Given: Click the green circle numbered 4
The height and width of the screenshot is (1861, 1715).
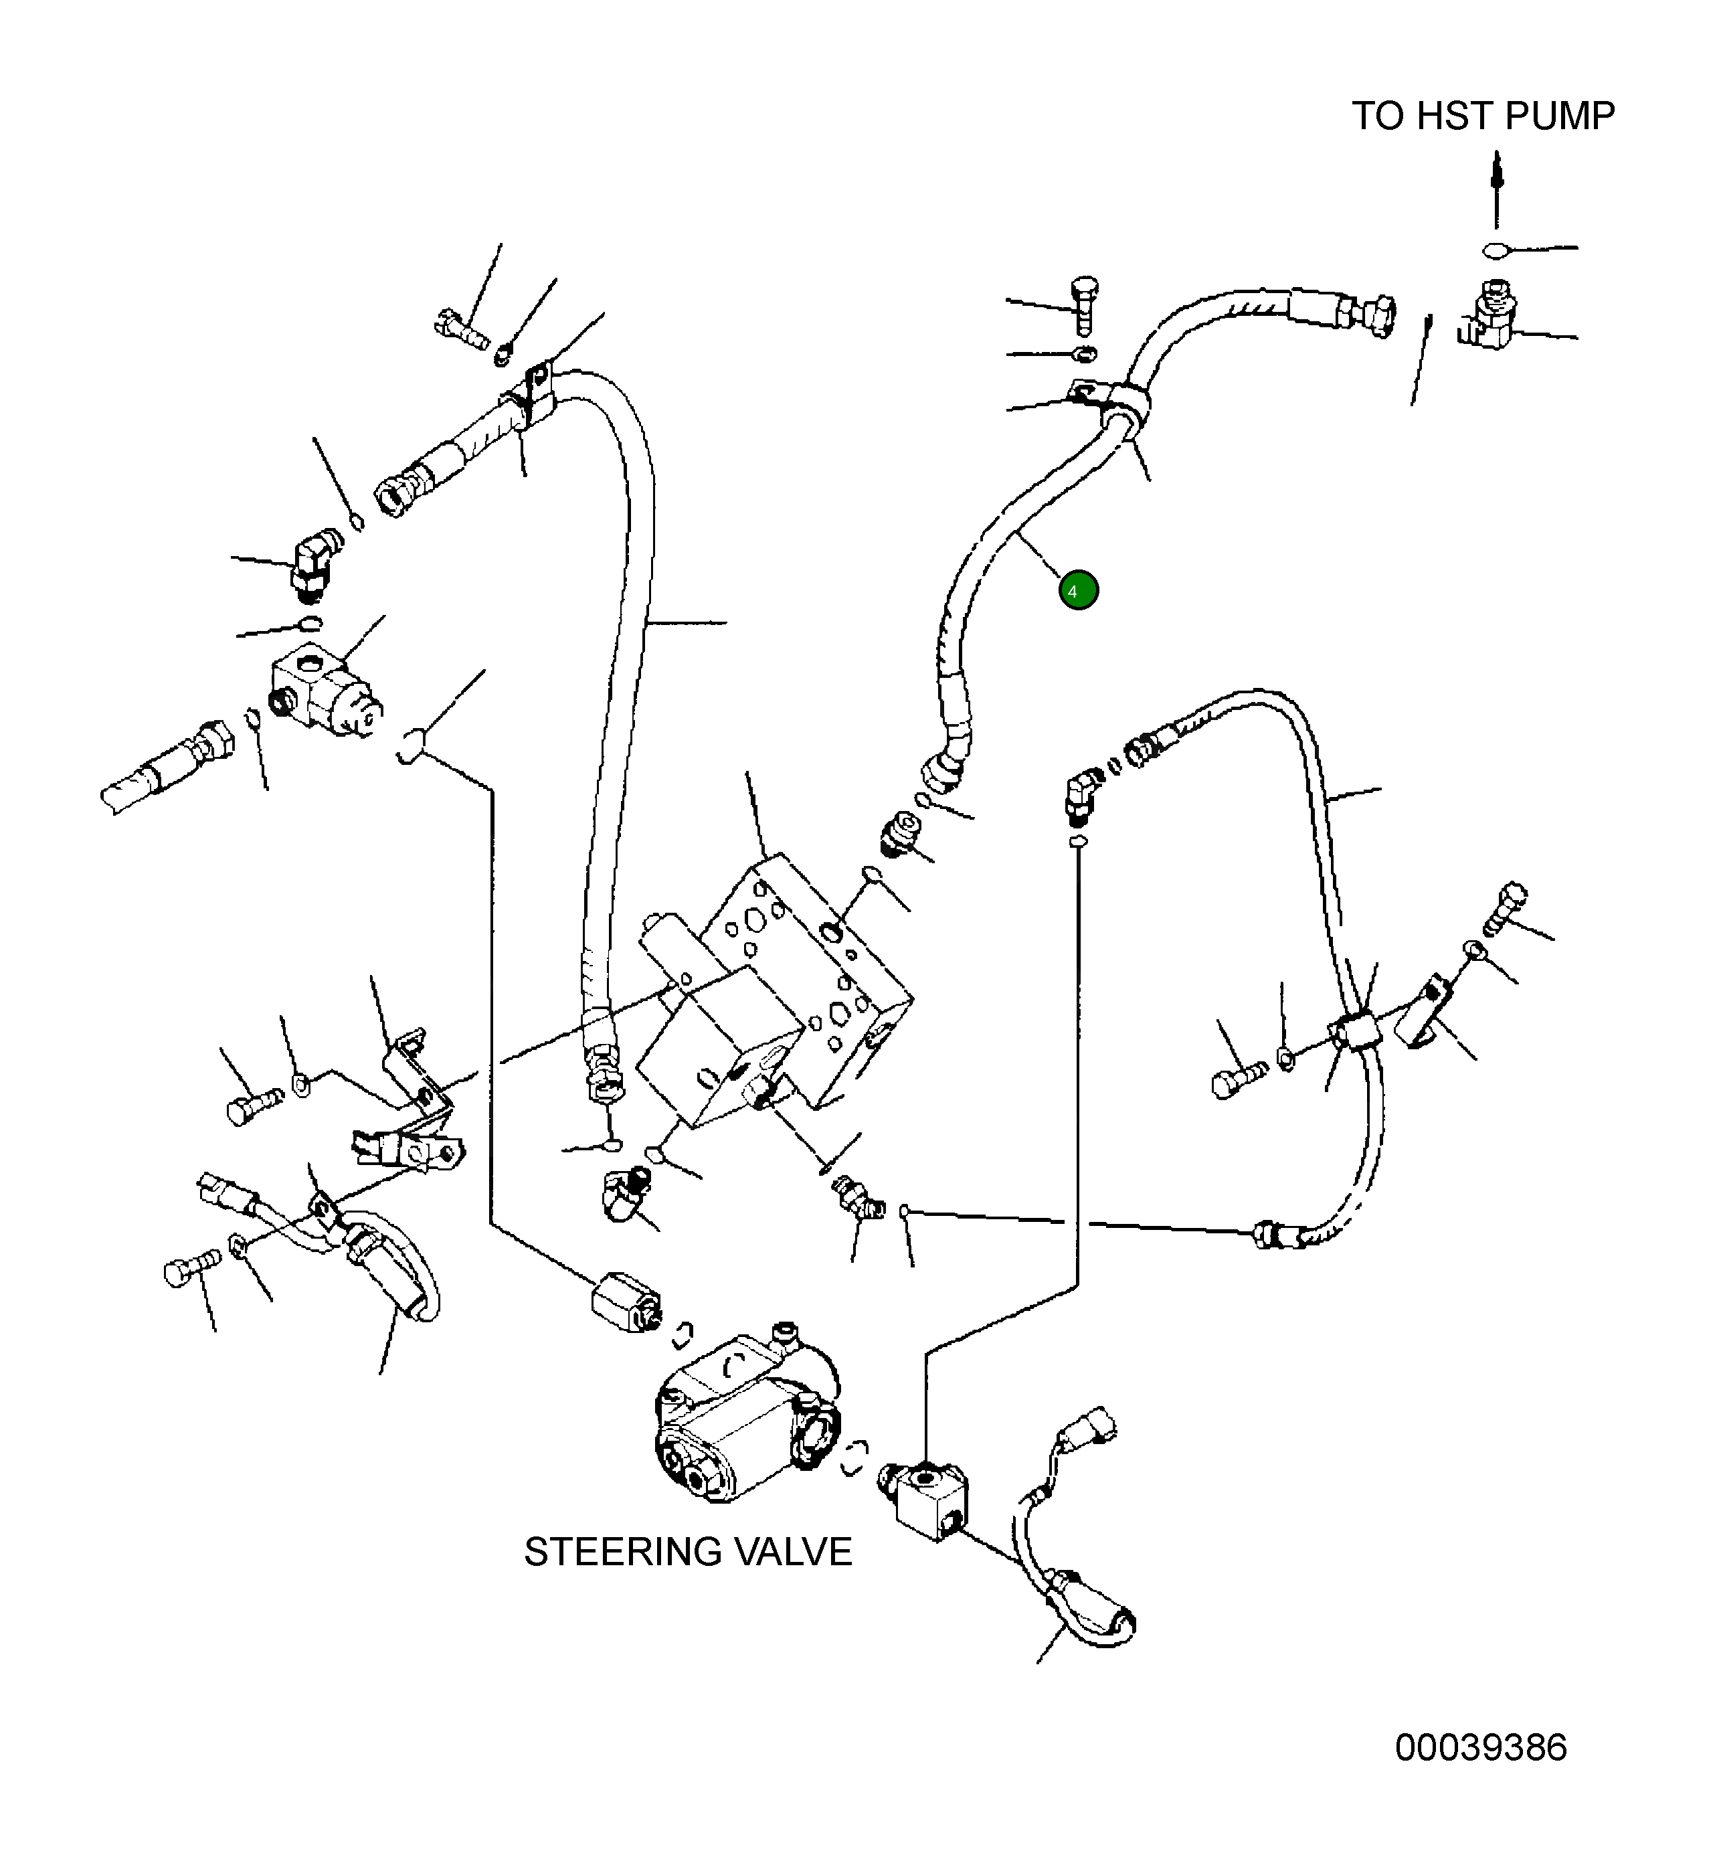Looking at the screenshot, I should pyautogui.click(x=1079, y=590).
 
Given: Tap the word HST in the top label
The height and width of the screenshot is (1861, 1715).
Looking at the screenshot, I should pyautogui.click(x=1453, y=116).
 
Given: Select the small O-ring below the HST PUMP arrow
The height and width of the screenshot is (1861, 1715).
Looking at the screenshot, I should pyautogui.click(x=1494, y=250).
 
